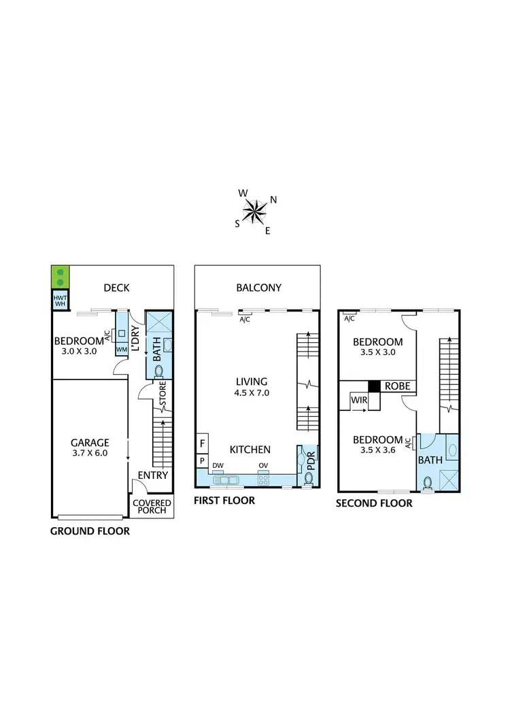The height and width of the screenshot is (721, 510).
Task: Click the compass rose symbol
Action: coord(256,211)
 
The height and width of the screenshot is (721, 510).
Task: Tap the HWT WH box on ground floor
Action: coord(60,300)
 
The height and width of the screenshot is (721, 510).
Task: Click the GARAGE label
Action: coord(89,442)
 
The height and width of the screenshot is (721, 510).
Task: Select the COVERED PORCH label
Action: coord(152,507)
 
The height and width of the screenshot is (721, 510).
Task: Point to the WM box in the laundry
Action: coord(122,350)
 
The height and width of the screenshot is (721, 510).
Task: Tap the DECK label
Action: coord(116,288)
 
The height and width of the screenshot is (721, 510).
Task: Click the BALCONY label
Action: coord(258,288)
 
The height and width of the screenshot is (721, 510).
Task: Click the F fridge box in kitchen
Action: coord(202,443)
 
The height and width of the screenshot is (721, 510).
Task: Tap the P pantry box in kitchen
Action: coord(202,460)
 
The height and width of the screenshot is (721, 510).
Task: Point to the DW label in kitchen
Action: coord(218,466)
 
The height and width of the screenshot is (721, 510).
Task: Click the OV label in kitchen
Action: coord(262,466)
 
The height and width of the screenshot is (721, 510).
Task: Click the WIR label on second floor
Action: coord(359,401)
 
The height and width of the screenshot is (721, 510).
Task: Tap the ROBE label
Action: coord(397,386)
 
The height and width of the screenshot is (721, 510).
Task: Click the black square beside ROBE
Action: coord(373,386)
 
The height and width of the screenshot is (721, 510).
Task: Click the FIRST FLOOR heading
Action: coord(224,501)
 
